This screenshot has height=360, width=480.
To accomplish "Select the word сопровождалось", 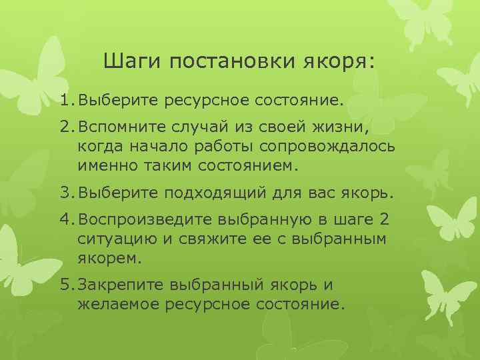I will point(341,146).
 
